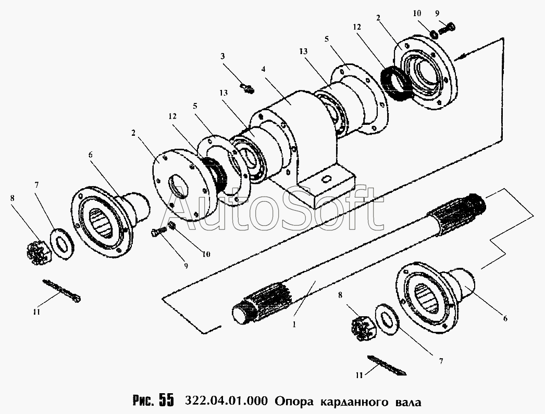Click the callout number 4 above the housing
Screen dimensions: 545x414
point(264,69)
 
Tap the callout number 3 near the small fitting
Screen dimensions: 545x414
point(222,56)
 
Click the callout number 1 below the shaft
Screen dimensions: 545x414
point(294,325)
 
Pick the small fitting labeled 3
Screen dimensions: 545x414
point(247,87)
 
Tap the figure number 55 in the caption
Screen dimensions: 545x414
point(166,400)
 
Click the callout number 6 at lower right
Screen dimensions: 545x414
point(505,318)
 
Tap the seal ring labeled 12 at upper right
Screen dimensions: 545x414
point(395,83)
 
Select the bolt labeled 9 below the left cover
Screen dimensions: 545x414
point(157,232)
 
